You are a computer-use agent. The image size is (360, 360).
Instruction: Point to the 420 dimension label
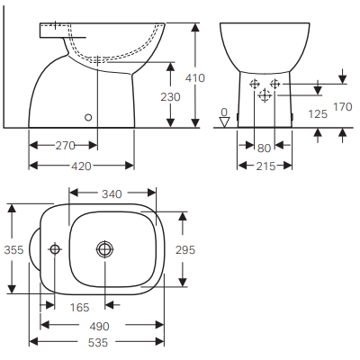82,166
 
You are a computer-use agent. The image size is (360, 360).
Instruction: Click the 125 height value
317,114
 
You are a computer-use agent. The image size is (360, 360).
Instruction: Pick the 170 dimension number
342,107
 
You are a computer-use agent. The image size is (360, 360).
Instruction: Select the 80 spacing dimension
264,148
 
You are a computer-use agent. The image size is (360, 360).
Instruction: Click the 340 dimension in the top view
113,193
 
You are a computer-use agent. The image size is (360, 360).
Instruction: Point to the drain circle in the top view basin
105,248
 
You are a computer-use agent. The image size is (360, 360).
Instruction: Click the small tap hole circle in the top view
55,248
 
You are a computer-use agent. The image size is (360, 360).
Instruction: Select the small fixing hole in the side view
87,116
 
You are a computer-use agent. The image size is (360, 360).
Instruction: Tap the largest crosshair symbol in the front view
265,94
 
